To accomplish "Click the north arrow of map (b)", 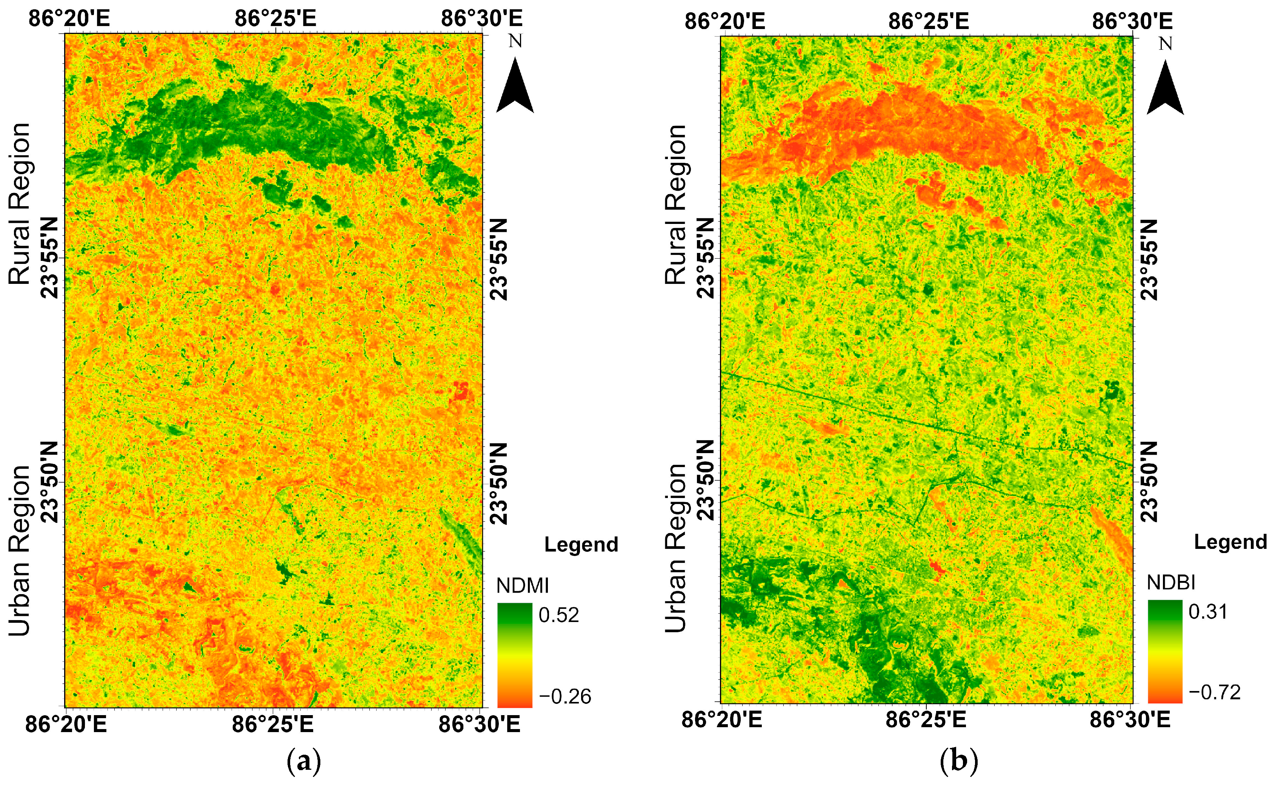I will [1165, 89].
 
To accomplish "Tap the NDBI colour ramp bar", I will [1165, 651].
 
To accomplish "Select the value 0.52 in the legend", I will [558, 615].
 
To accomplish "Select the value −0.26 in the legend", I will [564, 696].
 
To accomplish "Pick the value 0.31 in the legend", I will [1208, 612].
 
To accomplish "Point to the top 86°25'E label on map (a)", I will [275, 19].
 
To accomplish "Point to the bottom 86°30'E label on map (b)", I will [1130, 720].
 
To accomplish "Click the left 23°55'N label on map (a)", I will [51, 258].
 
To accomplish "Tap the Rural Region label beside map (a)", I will [20, 204].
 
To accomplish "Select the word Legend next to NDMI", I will [581, 545].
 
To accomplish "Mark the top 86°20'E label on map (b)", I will [724, 21].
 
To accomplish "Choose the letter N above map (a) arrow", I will [515, 41].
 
